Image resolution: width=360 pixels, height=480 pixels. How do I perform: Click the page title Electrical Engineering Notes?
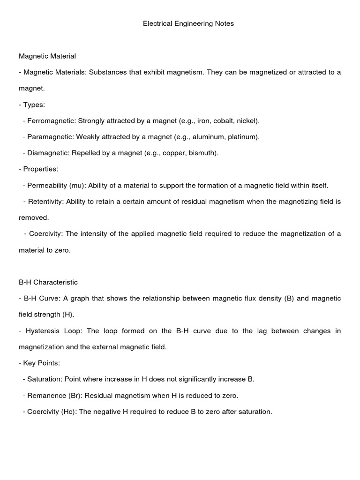[x=188, y=23]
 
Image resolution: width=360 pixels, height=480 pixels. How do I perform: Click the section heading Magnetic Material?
[x=47, y=56]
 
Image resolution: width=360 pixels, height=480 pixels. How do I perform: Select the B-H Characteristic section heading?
[x=48, y=282]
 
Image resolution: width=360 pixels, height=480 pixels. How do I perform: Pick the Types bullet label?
[x=34, y=105]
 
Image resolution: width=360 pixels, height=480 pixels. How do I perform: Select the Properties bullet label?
[x=40, y=169]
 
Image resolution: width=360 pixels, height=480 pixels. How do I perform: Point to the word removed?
[x=34, y=217]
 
